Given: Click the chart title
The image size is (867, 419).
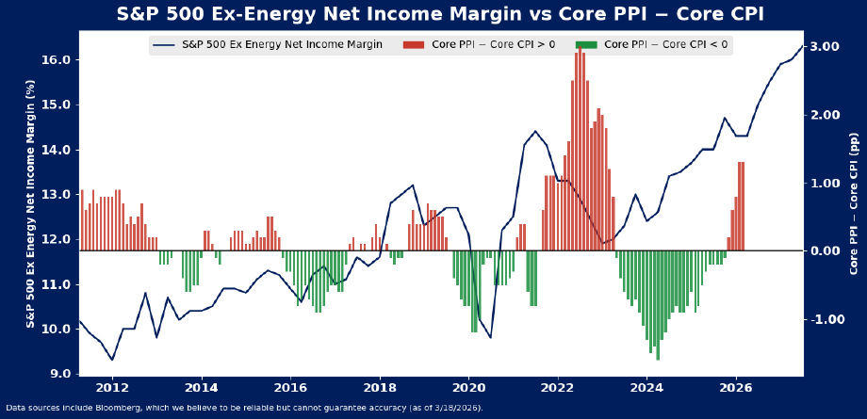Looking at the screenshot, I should click(x=440, y=14).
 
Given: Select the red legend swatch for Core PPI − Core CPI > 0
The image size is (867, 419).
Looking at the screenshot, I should click(x=413, y=45).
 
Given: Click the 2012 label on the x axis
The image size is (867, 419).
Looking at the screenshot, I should click(x=112, y=388).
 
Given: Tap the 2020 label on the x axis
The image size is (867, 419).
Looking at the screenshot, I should click(x=468, y=388).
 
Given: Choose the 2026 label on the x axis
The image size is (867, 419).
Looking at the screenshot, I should click(x=736, y=388).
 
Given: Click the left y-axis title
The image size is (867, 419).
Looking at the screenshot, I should click(x=31, y=203).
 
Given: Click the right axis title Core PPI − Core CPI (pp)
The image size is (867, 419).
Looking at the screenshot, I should click(x=855, y=203).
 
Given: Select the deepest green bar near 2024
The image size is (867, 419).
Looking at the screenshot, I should click(x=658, y=305).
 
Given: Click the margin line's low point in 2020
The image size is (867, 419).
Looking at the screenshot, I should click(x=490, y=337).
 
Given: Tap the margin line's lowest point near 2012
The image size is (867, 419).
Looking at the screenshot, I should click(x=112, y=360).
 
